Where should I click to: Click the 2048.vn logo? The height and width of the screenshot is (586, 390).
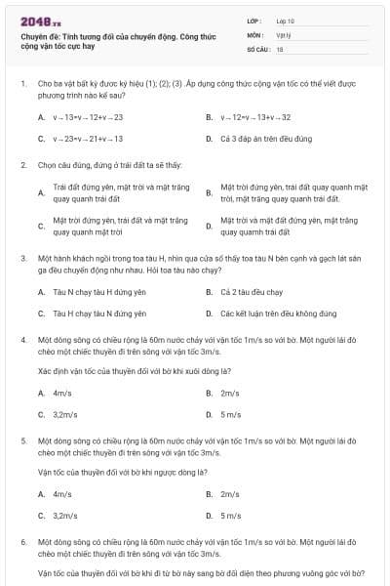click(40, 21)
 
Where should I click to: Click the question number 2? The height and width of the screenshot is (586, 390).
click(22, 165)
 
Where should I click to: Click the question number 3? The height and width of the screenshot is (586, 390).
click(22, 258)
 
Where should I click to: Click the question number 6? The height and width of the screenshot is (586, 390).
click(22, 540)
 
